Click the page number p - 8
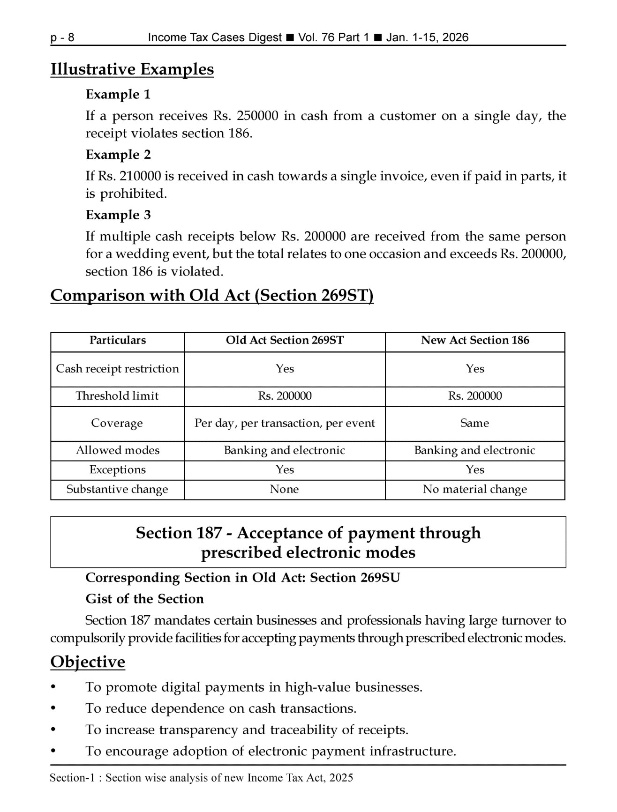coord(62,37)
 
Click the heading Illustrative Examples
coord(132,69)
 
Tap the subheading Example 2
coord(118,155)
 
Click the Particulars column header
coord(118,340)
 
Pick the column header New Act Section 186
coord(474,340)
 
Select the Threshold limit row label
coord(117,396)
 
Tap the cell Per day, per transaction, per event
coord(285,423)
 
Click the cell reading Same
coord(474,423)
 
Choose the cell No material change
coord(474,489)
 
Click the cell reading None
coord(284,489)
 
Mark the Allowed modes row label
coord(118,450)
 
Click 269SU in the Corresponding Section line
coord(380,578)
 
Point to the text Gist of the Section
coord(144,599)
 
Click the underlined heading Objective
coord(88,662)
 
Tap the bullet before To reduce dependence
coord(53,708)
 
